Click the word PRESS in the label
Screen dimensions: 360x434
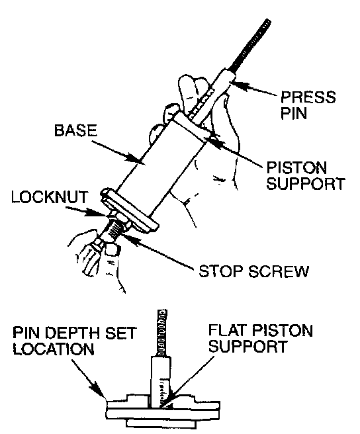(x=308, y=97)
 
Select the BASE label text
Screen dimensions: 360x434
(x=75, y=130)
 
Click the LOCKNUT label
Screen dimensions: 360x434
(x=49, y=197)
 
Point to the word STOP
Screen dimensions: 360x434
(x=220, y=271)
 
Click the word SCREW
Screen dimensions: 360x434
(x=278, y=271)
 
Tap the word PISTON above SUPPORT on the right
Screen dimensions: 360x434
(x=296, y=167)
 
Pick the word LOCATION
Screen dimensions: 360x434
(x=54, y=349)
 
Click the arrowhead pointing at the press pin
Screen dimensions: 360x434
(x=238, y=84)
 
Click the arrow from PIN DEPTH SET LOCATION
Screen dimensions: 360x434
(x=88, y=378)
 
